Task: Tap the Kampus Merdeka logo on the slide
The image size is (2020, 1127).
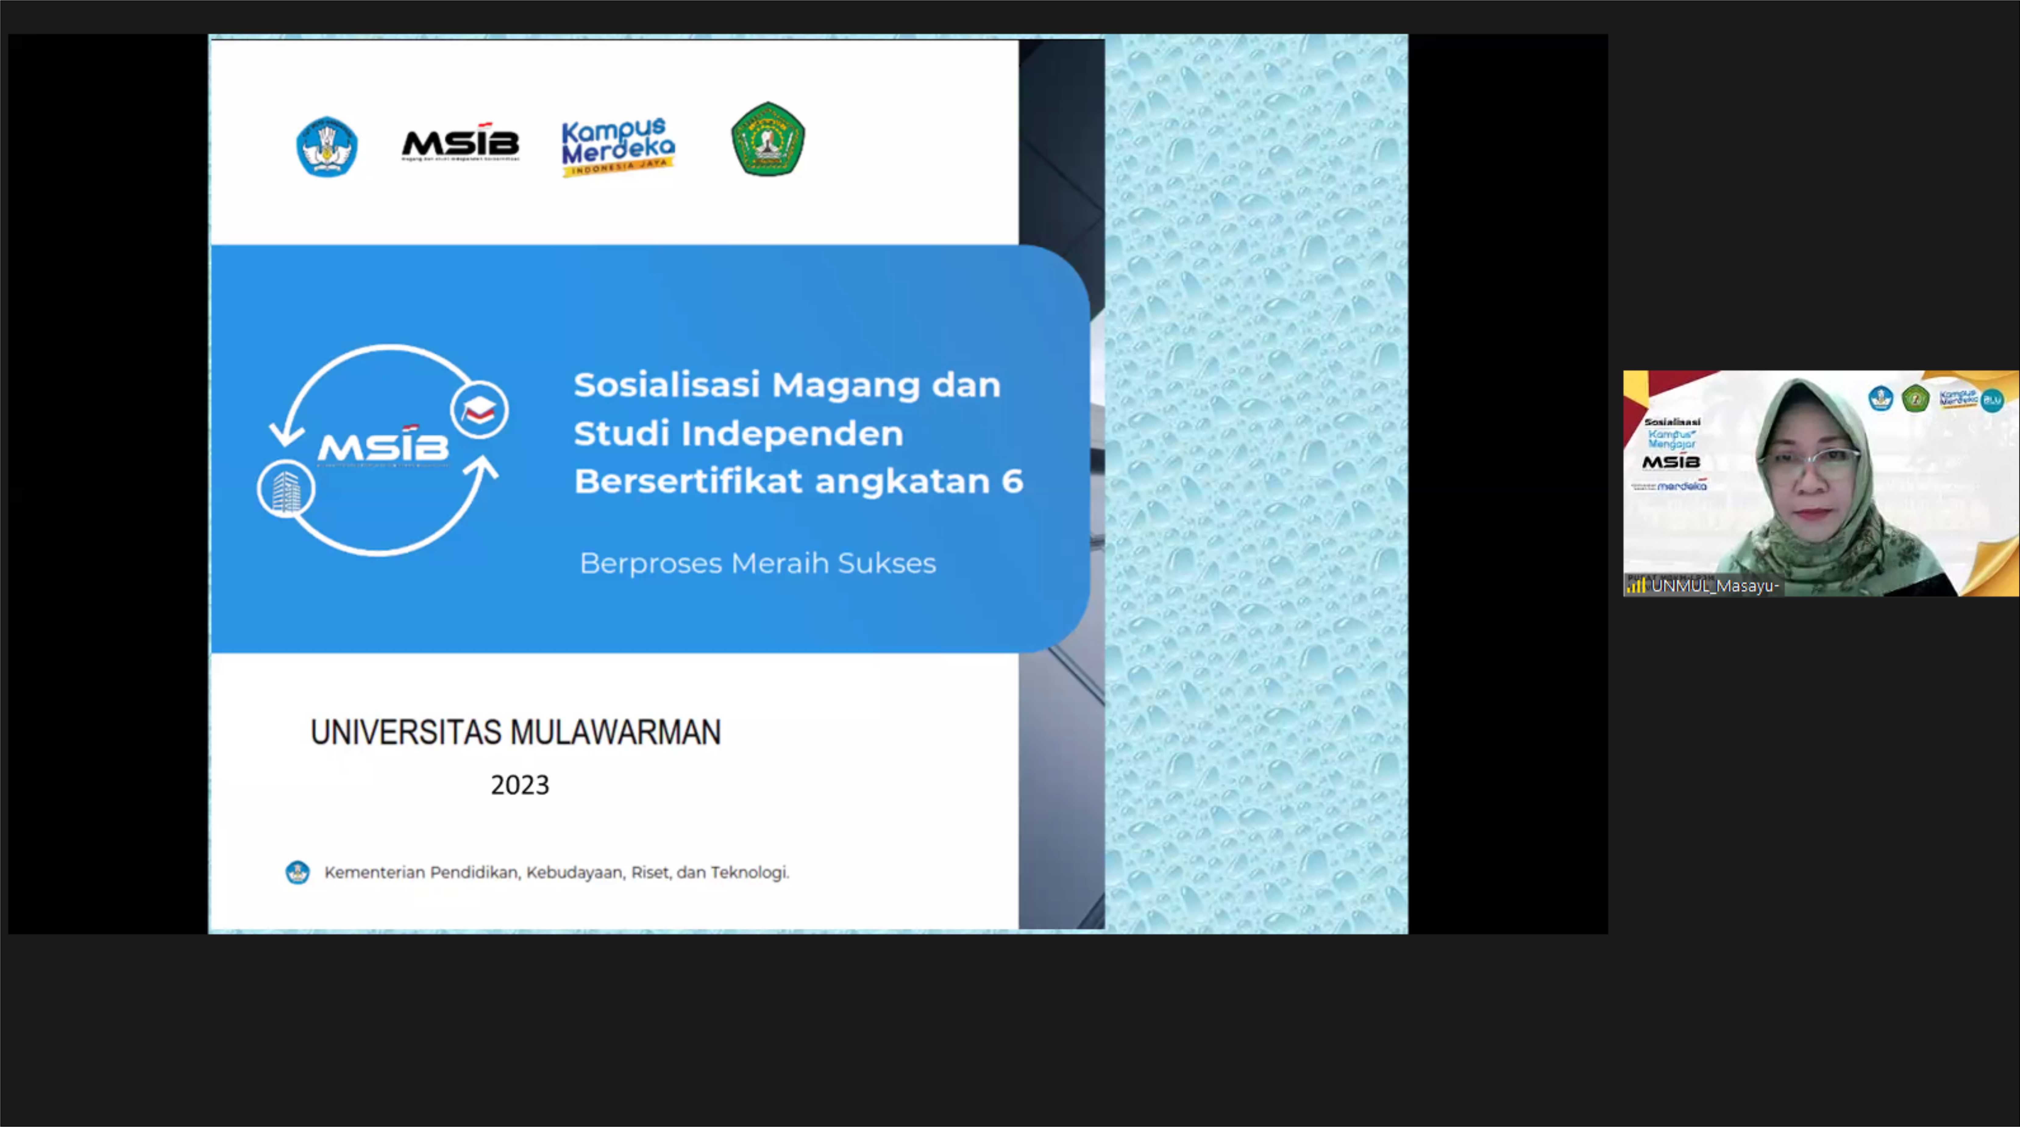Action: [618, 147]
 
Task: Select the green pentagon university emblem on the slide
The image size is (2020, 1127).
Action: [768, 140]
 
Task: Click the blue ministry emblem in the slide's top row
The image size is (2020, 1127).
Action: [327, 147]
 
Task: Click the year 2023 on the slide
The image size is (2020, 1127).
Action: [520, 785]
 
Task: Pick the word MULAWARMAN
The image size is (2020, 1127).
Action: [616, 733]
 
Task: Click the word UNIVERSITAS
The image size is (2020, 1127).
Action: [405, 733]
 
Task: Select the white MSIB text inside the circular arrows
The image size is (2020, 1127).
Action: [383, 446]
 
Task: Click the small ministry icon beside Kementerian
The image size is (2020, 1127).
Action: [297, 872]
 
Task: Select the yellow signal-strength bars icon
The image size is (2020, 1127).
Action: [1636, 586]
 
